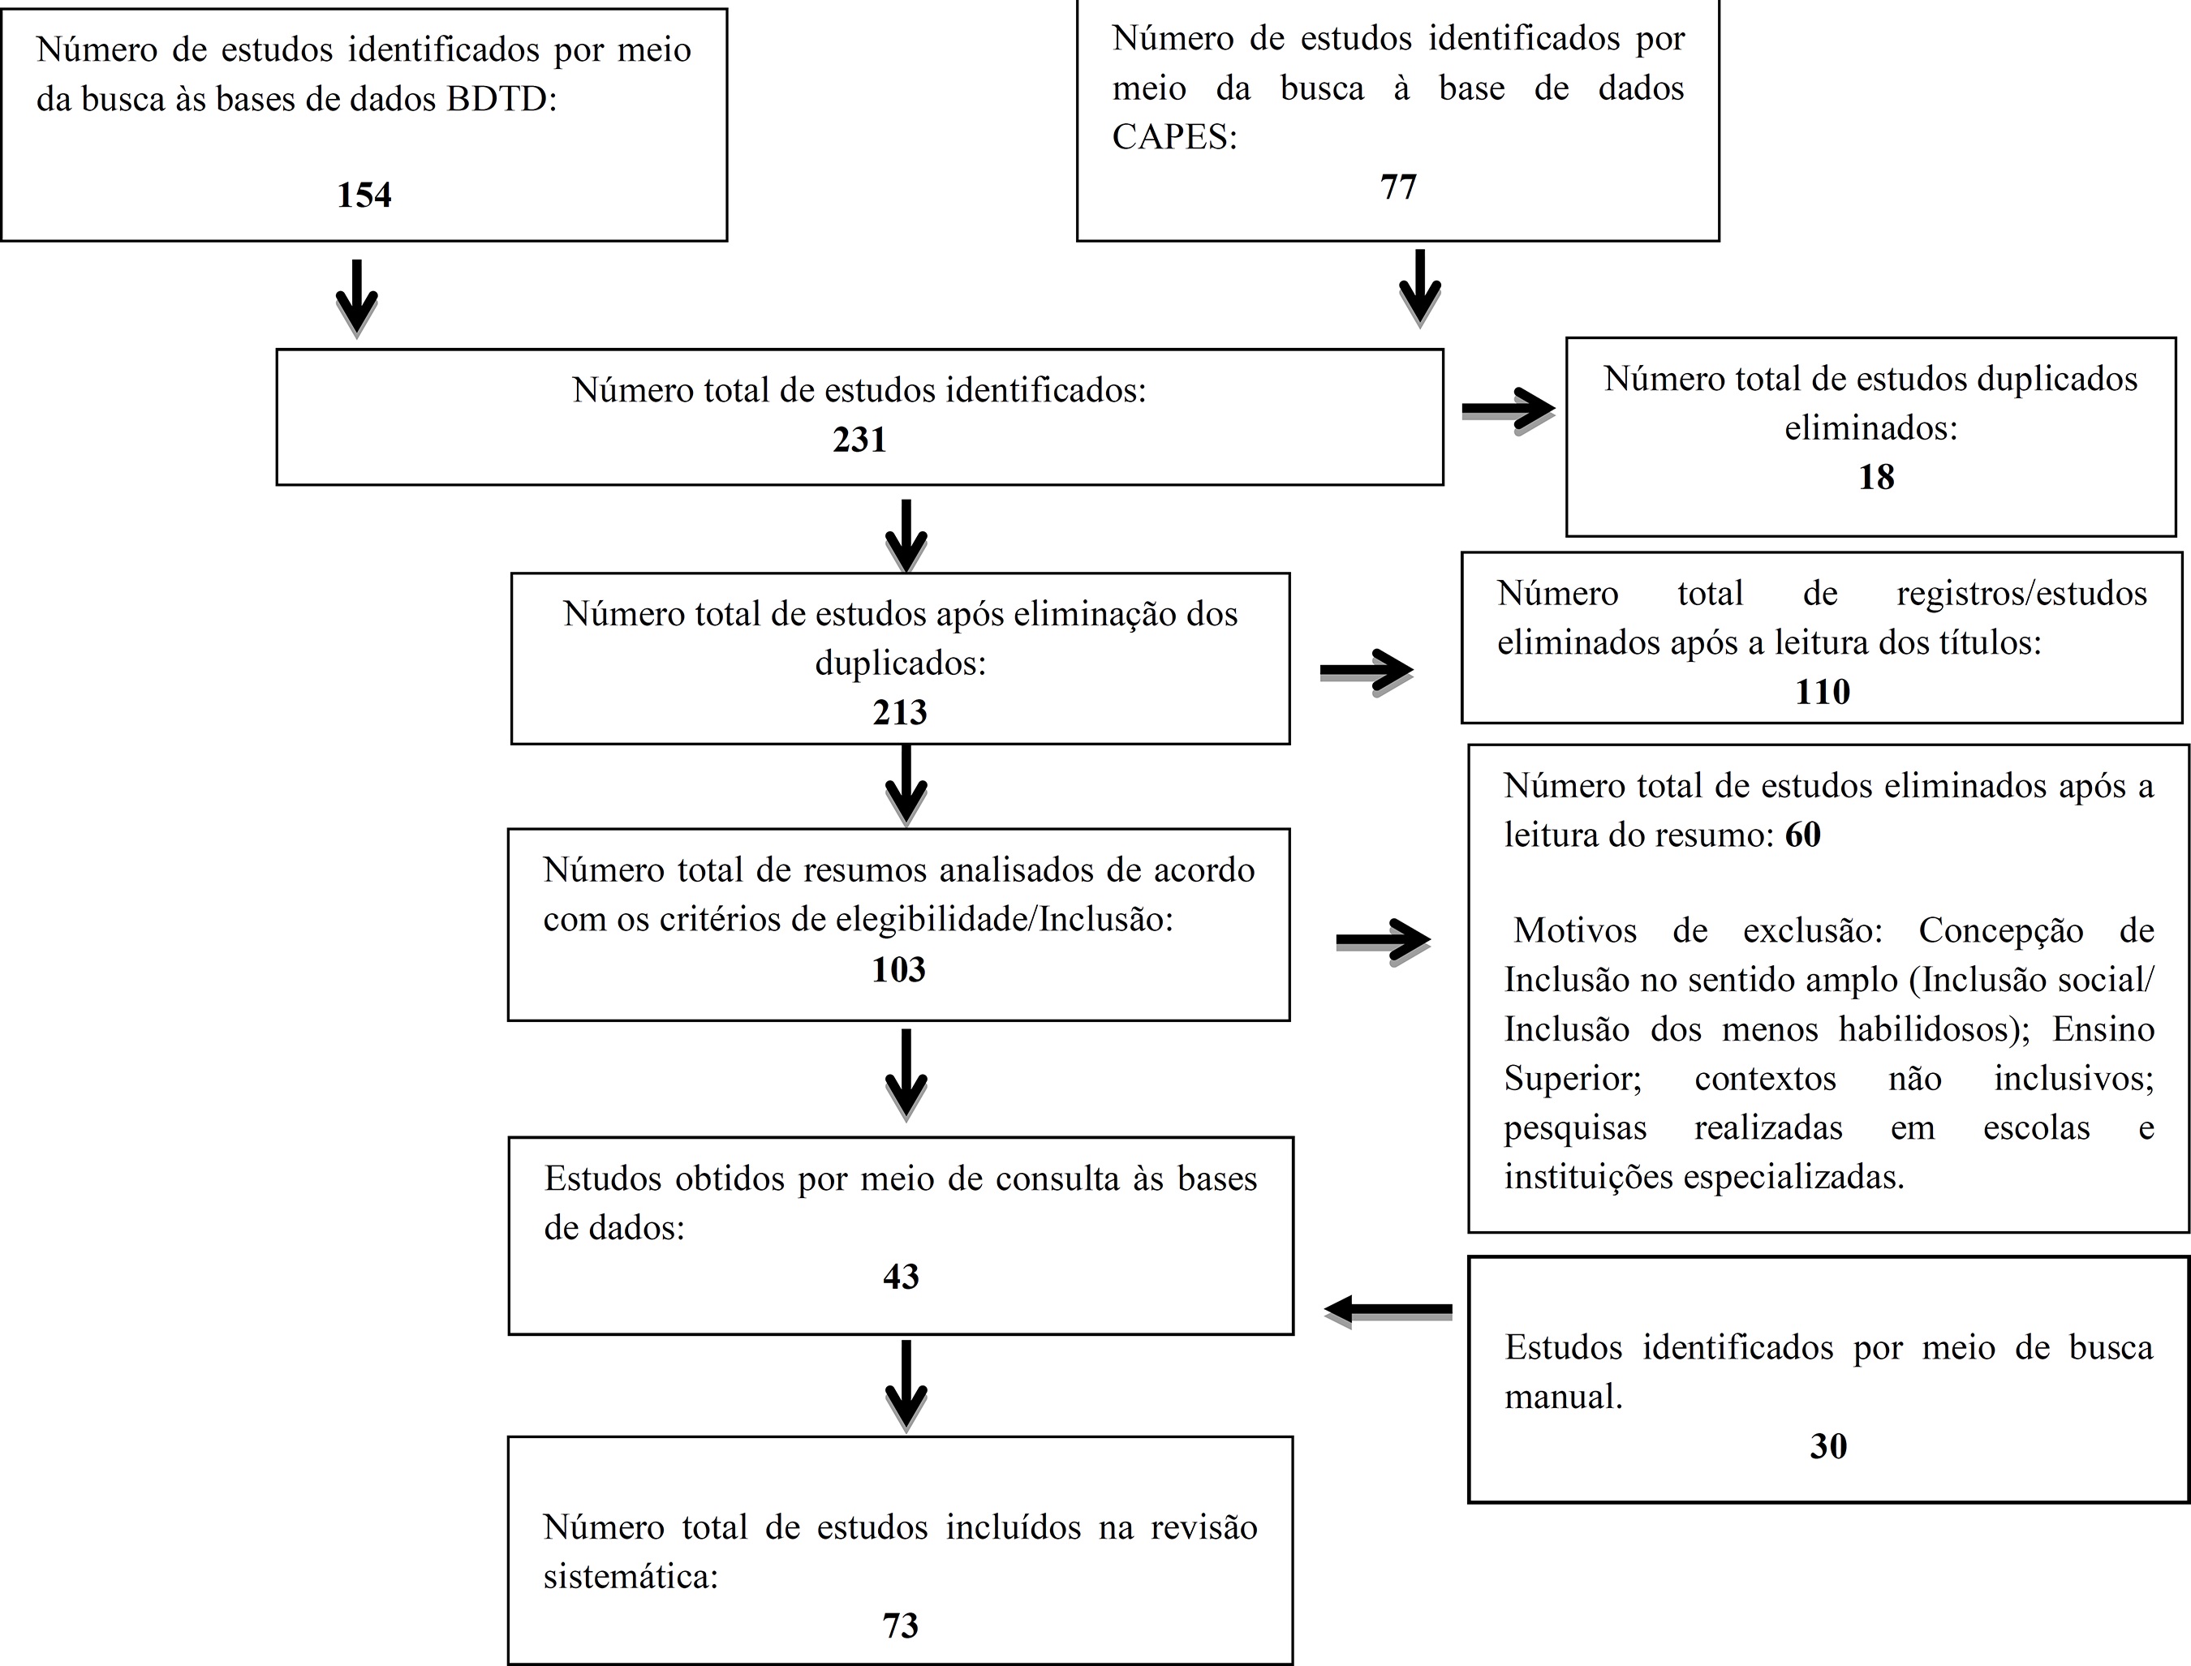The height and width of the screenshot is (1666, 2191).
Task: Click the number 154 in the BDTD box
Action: point(364,195)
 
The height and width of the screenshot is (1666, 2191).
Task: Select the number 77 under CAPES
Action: point(1397,187)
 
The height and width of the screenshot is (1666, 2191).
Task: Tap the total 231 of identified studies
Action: point(859,440)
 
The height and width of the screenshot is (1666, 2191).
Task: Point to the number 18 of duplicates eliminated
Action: point(1875,477)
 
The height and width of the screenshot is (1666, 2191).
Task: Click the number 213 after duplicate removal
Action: point(900,712)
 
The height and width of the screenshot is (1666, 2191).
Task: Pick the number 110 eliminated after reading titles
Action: point(1822,691)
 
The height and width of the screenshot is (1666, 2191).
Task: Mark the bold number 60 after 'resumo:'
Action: point(1802,835)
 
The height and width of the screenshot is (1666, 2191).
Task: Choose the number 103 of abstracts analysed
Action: point(898,968)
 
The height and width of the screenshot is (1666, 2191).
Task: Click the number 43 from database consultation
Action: point(901,1277)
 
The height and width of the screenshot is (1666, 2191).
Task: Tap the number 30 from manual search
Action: point(1828,1446)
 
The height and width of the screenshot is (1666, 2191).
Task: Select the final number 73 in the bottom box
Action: point(901,1625)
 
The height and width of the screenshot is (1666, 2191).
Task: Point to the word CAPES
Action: point(1173,137)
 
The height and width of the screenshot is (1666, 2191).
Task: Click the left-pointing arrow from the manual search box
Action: point(1388,1310)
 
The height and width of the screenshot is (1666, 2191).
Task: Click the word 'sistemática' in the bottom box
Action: point(630,1576)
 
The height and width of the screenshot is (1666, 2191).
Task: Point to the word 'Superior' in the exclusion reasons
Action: point(1572,1078)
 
